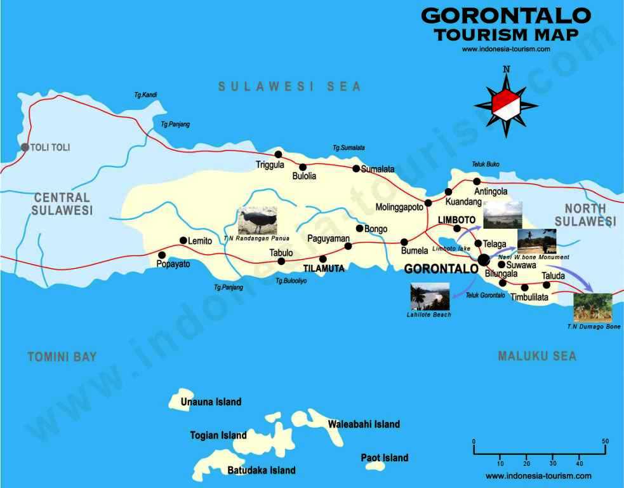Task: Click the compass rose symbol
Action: tap(506, 104)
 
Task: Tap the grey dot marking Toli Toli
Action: tap(25, 147)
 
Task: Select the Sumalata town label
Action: tap(378, 169)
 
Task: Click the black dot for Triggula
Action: tap(277, 154)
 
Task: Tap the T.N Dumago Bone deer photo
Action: tap(593, 308)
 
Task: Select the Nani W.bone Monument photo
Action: tap(536, 241)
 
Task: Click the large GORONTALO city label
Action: tap(441, 269)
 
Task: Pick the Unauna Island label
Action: tap(211, 402)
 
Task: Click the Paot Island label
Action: tap(384, 457)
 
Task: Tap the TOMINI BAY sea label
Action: tap(62, 357)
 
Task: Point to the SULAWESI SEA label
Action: tap(289, 86)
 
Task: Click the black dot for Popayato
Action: tap(161, 255)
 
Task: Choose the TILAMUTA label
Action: tap(324, 269)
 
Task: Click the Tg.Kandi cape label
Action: tap(145, 95)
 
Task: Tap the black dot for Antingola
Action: tap(477, 182)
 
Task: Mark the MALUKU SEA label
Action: tap(537, 356)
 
